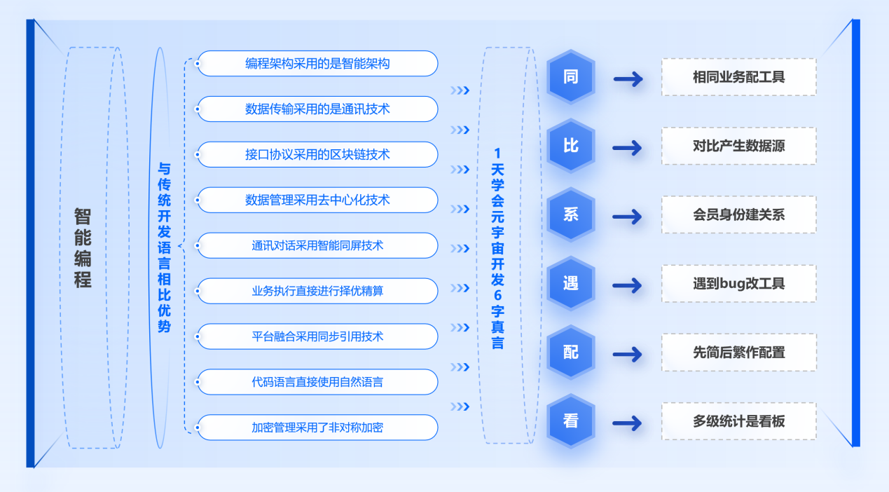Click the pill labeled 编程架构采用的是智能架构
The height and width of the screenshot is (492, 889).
[x=317, y=64]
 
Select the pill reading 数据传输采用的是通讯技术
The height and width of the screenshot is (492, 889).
[x=317, y=109]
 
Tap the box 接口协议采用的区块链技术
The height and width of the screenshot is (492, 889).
[x=317, y=155]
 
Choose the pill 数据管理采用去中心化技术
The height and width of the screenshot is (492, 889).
[x=317, y=200]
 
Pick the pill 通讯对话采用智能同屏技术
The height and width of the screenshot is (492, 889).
[x=317, y=246]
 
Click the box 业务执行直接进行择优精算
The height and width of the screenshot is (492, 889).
[x=317, y=291]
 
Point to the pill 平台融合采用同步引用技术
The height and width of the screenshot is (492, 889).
[x=317, y=336]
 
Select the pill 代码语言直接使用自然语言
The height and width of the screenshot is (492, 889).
[x=317, y=382]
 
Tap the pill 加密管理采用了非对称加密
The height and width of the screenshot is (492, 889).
[x=317, y=428]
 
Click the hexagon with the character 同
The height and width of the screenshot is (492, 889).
[x=571, y=77]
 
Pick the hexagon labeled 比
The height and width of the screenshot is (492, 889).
[x=571, y=146]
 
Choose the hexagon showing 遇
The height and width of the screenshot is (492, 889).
[x=571, y=284]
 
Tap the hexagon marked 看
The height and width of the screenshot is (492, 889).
[x=571, y=422]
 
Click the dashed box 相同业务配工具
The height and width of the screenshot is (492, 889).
[x=738, y=77]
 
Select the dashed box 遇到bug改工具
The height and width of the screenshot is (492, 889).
[x=738, y=284]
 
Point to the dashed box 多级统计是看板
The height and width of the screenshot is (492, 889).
[x=738, y=422]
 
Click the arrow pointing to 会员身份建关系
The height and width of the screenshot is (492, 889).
[x=628, y=217]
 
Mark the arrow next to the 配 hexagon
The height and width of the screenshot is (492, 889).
[x=628, y=354]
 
